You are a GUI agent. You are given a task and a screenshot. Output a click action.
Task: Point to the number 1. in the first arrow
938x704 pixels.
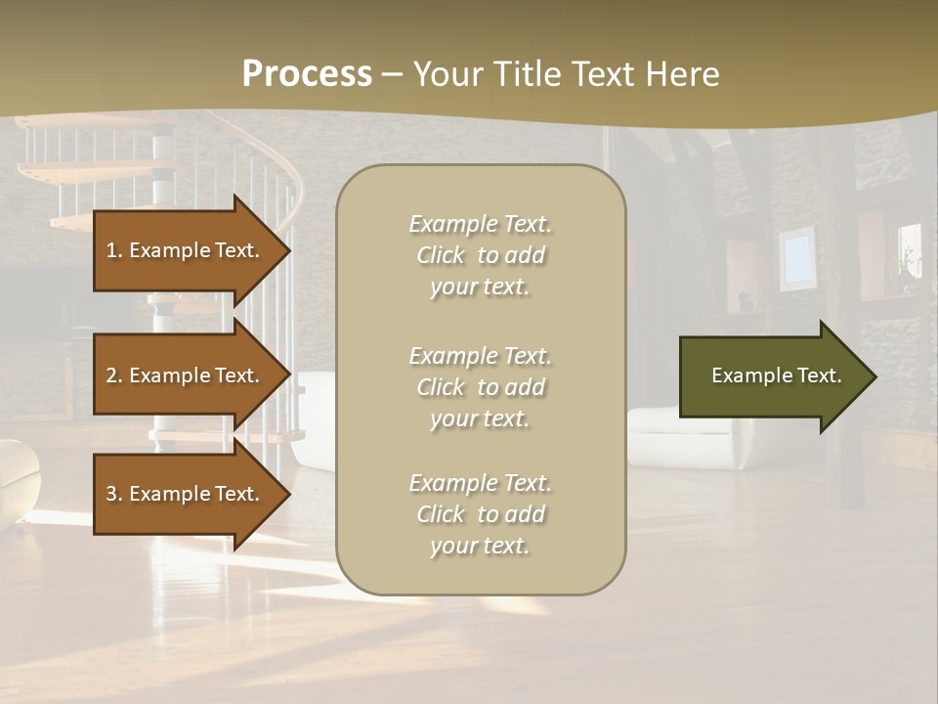point(114,250)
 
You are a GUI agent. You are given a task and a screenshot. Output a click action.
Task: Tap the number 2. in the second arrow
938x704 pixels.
point(114,375)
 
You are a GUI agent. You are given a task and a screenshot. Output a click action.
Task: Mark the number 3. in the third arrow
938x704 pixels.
point(114,494)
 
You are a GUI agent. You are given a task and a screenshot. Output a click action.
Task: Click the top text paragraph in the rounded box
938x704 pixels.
point(480,255)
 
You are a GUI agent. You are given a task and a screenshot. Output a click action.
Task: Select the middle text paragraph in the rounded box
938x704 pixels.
point(480,387)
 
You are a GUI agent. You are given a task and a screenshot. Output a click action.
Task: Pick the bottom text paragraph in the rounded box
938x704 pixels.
point(480,514)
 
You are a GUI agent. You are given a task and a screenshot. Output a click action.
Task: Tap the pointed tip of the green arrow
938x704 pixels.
point(874,376)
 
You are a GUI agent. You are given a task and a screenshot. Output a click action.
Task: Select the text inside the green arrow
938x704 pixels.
point(776,375)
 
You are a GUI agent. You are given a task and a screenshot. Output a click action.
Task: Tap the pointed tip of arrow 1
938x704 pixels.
point(289,250)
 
